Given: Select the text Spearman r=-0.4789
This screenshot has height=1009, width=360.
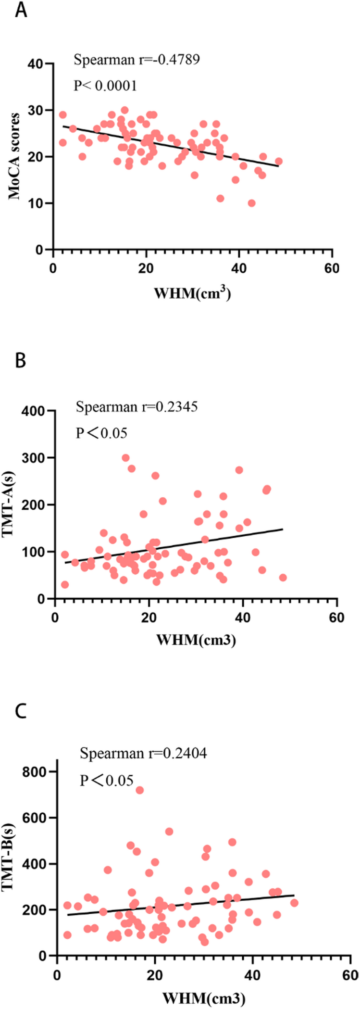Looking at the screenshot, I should point(137,60).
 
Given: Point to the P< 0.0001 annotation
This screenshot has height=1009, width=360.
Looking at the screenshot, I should point(105,86).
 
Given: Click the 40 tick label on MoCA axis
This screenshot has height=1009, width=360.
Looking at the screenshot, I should point(40,63).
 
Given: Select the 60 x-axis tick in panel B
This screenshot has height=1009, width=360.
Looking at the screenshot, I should point(337,617).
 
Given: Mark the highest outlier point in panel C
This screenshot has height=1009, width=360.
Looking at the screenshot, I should point(139,790).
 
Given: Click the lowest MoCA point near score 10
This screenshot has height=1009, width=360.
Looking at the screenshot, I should point(251,203).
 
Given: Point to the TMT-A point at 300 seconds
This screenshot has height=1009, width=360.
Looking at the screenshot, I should point(125,458).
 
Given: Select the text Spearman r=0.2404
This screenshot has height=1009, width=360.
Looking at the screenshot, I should point(143,754).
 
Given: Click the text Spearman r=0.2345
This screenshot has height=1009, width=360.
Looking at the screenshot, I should point(137,407).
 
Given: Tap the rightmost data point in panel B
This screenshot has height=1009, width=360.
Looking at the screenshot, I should point(283,578).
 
